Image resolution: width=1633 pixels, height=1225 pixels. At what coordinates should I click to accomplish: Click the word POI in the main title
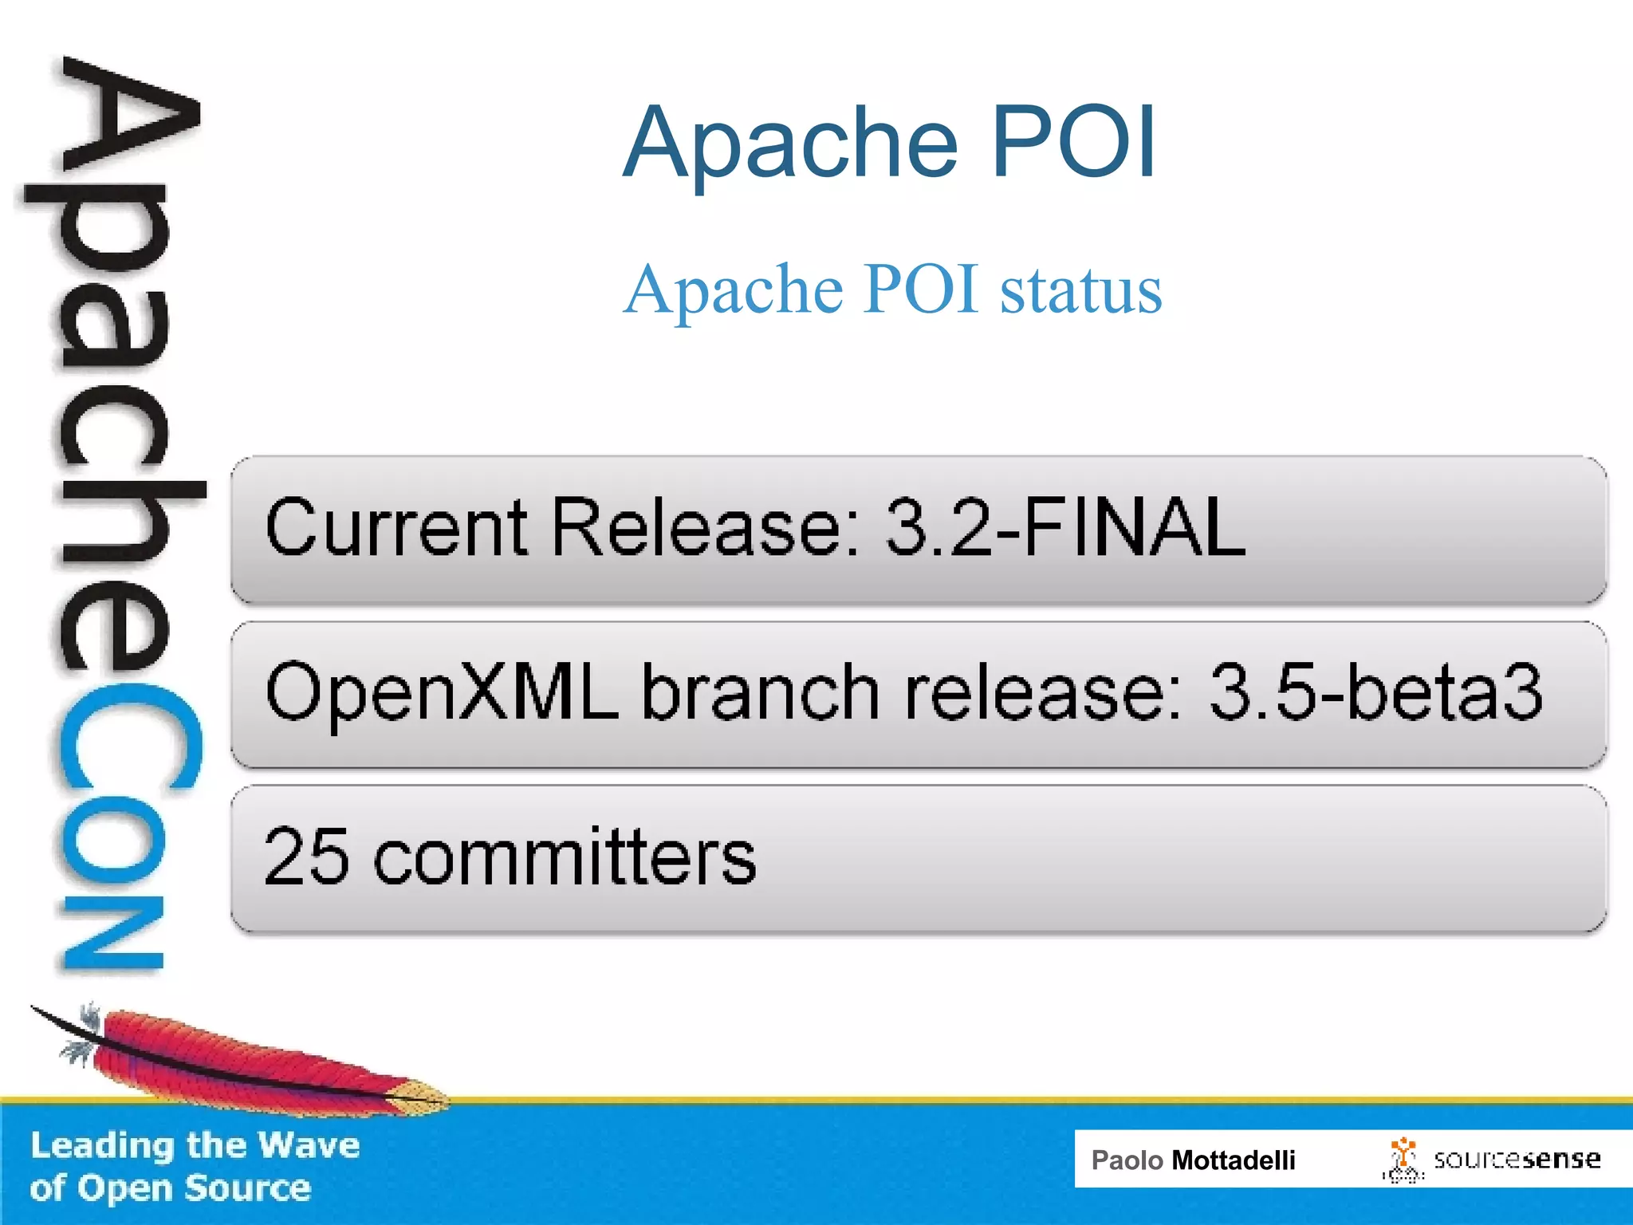point(1072,142)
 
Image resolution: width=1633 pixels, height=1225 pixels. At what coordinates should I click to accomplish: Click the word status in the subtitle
point(1081,289)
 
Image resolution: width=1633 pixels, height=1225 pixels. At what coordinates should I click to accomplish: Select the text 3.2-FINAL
point(1065,526)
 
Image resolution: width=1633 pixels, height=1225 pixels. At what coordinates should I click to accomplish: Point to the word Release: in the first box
point(706,526)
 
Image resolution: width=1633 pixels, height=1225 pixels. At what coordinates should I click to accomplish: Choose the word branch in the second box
point(761,692)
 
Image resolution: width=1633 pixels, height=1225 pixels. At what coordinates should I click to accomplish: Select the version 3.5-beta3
point(1375,692)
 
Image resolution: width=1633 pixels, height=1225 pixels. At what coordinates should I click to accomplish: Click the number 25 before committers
point(306,857)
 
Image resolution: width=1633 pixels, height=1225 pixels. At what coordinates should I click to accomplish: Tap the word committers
point(565,857)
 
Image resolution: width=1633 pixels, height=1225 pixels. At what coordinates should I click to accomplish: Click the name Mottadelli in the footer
point(1233,1160)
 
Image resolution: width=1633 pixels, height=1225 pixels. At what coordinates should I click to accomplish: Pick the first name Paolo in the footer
point(1127,1160)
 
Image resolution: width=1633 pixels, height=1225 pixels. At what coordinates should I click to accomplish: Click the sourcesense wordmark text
point(1516,1159)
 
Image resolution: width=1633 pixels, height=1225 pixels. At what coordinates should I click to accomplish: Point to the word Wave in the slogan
point(309,1145)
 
